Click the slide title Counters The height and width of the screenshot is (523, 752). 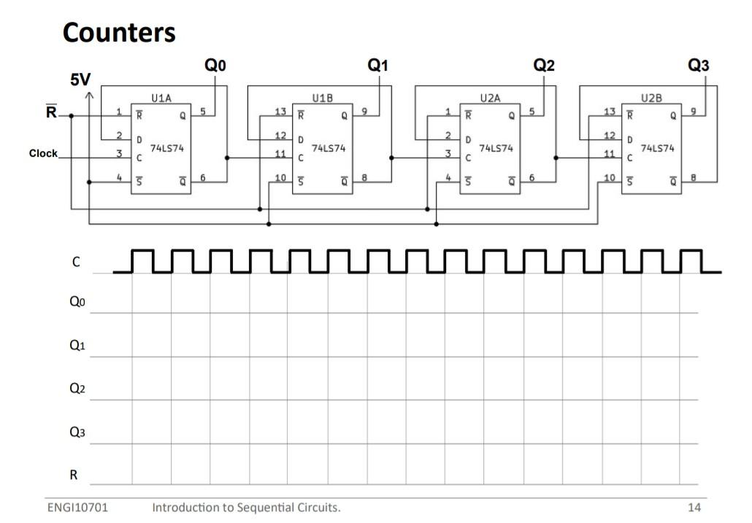(x=119, y=32)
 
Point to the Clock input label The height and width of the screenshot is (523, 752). (x=43, y=154)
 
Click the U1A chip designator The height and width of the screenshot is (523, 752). (x=161, y=98)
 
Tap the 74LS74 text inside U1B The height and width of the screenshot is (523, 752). (x=328, y=148)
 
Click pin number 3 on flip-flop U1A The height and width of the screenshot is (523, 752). (x=119, y=153)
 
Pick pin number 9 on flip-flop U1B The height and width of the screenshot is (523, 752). (x=364, y=112)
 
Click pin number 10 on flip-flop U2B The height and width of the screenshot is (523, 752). (x=609, y=178)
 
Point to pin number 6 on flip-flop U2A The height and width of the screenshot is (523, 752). (x=532, y=178)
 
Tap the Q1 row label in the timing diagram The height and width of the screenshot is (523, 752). (x=77, y=345)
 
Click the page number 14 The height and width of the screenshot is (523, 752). (x=694, y=507)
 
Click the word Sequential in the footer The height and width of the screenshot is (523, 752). (x=261, y=507)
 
